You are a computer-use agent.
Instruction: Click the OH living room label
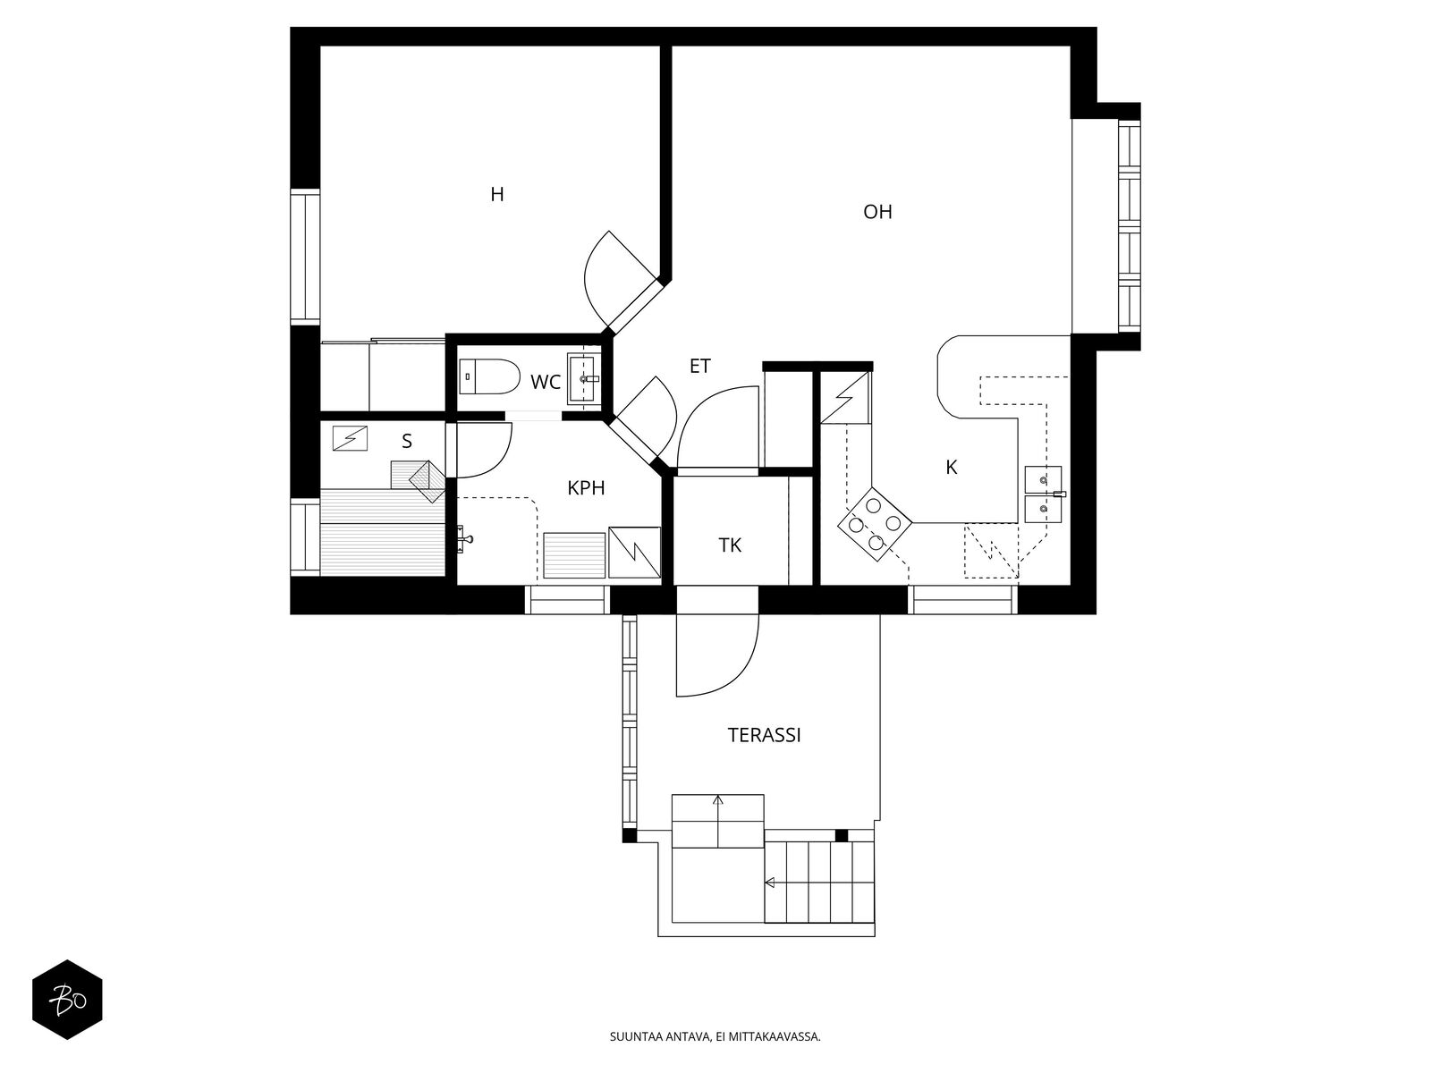[x=876, y=213]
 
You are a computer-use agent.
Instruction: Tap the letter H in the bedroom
[x=496, y=195]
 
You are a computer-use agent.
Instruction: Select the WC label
[x=545, y=383]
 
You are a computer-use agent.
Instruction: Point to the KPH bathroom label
[x=586, y=488]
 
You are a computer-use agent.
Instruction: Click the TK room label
[x=730, y=545]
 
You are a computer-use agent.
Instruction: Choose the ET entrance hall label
[x=699, y=366]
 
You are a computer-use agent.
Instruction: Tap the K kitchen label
[x=952, y=467]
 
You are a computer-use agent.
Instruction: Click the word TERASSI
[x=764, y=736]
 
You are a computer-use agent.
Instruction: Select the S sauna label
[x=407, y=442]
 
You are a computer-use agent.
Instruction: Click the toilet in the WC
[x=489, y=376]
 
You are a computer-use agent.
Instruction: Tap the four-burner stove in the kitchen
[x=874, y=524]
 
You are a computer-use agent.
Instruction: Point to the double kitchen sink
[x=1043, y=494]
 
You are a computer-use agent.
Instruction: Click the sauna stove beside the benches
[x=427, y=481]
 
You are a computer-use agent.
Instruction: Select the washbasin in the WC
[x=583, y=378]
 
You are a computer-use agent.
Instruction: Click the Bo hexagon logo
[x=68, y=1000]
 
